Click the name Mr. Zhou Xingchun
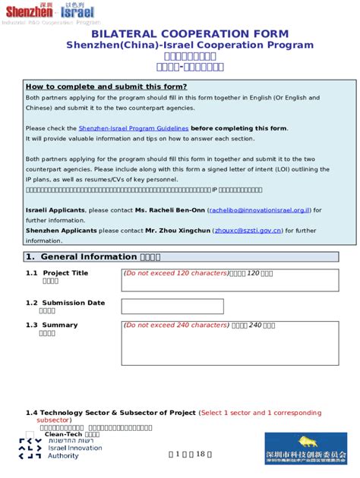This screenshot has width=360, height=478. pyautogui.click(x=177, y=230)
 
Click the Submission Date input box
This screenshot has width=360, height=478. pyautogui.click(x=172, y=307)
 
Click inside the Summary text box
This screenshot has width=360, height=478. pyautogui.click(x=235, y=357)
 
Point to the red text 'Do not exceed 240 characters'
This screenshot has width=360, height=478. pyautogui.click(x=176, y=325)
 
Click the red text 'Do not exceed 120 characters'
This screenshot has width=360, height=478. pyautogui.click(x=176, y=272)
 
